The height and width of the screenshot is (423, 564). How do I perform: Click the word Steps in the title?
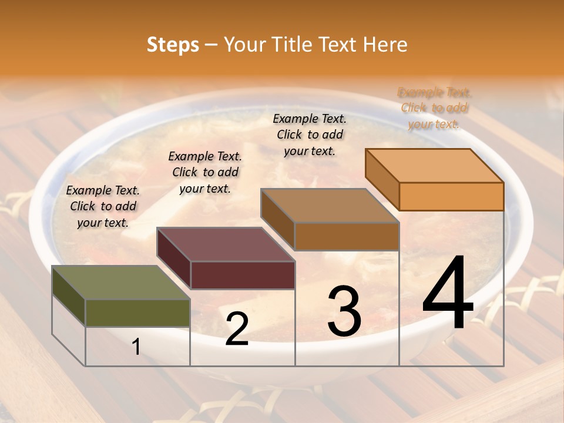tap(173, 45)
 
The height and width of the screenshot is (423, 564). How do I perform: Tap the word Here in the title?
tap(385, 45)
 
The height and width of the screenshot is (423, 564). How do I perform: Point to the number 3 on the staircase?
tap(344, 311)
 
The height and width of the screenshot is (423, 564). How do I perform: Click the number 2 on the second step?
tap(237, 329)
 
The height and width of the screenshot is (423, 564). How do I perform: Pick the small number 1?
tap(136, 347)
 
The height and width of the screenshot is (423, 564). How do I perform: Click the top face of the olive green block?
tap(120, 283)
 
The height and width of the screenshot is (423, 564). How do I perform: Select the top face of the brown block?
tap(330, 206)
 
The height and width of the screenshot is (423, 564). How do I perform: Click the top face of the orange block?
tap(434, 166)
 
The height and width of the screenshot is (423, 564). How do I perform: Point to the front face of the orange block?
tap(451, 196)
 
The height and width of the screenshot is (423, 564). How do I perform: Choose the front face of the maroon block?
tap(243, 275)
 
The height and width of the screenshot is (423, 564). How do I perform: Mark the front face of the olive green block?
tap(137, 313)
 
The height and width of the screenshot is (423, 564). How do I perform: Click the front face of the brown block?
tap(347, 236)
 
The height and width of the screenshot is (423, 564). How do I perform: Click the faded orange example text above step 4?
tap(434, 108)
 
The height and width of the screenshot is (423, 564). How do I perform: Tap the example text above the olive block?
tap(103, 206)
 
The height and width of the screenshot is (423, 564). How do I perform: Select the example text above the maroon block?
tap(205, 172)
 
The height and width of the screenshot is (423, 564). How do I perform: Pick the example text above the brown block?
tap(310, 135)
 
